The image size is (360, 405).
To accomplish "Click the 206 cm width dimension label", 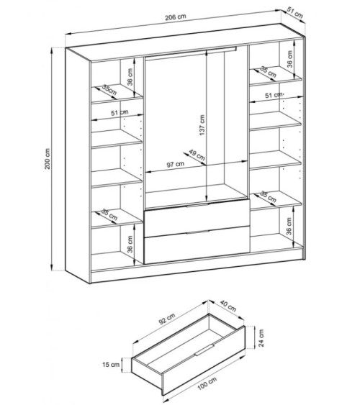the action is click(176, 17).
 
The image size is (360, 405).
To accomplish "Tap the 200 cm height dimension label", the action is click(48, 158).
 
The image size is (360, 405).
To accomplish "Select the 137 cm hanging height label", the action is click(202, 125).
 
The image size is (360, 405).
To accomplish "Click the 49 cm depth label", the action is click(197, 155).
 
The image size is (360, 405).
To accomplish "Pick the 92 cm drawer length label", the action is click(167, 319).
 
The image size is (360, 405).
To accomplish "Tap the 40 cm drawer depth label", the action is click(228, 305).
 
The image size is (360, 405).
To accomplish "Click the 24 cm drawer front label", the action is click(261, 338).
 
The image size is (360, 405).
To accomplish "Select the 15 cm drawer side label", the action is click(111, 365).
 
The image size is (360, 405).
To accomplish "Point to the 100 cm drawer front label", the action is click(207, 383).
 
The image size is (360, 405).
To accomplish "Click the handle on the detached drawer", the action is click(204, 350).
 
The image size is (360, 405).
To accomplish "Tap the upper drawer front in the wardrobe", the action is click(197, 218).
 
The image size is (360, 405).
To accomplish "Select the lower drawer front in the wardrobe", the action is click(197, 245).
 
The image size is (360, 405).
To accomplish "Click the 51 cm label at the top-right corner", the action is click(295, 13).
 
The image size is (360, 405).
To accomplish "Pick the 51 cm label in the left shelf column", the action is click(120, 113).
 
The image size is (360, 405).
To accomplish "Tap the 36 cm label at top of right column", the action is click(289, 59).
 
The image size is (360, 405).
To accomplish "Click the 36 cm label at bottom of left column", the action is click(130, 244).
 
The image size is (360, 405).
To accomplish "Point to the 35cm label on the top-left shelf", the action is click(109, 89).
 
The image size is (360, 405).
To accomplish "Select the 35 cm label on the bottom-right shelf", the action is click(269, 196).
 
